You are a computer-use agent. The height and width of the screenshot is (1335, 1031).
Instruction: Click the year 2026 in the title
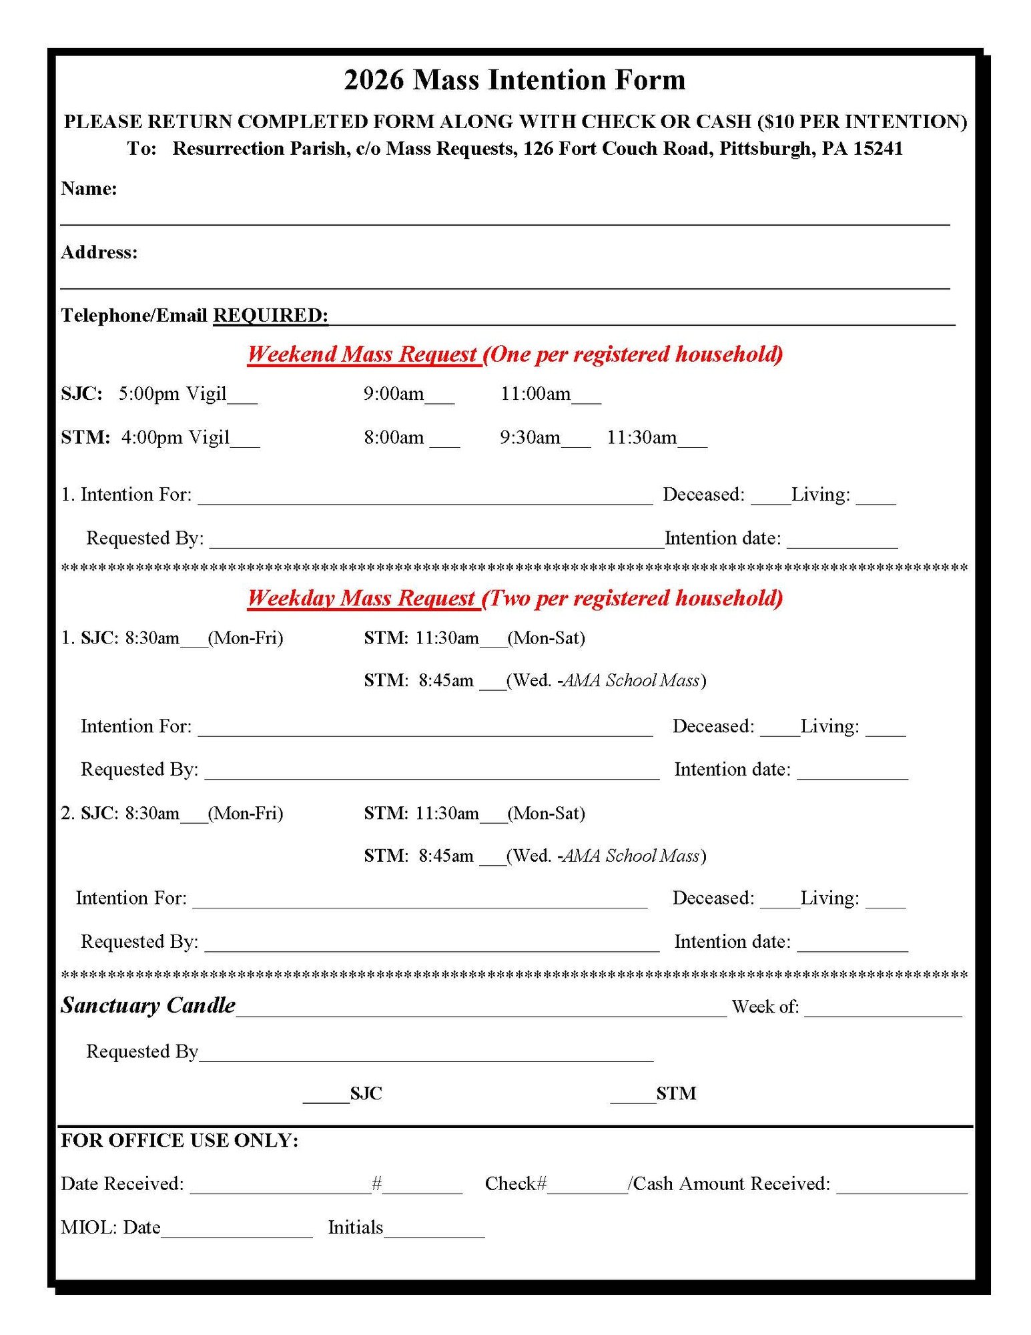click(x=374, y=80)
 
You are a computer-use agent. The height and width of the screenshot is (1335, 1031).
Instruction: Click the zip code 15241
click(x=878, y=148)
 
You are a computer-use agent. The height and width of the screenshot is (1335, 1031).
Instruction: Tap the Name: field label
click(x=89, y=189)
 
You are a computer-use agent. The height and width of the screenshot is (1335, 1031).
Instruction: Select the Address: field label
click(x=99, y=252)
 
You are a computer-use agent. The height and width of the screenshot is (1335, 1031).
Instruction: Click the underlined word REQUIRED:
click(x=270, y=315)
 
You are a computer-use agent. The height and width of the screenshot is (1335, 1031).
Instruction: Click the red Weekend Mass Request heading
click(x=363, y=354)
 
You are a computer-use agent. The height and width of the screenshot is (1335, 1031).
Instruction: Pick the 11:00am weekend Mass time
click(x=535, y=394)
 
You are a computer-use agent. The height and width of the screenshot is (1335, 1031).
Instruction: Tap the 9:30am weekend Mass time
click(x=530, y=438)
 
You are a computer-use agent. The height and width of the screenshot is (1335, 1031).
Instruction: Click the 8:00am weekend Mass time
click(x=394, y=438)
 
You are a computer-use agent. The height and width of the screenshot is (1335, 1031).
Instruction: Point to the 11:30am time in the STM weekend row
click(x=641, y=438)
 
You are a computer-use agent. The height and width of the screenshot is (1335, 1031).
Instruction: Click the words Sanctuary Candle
click(x=148, y=1005)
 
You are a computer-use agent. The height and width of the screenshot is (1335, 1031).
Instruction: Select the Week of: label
click(x=765, y=1007)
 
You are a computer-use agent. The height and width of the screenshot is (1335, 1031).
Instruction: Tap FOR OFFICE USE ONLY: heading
click(x=180, y=1141)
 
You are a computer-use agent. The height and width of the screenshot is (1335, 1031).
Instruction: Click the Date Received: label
click(x=122, y=1184)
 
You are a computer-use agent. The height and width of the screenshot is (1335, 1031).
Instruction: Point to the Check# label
click(x=515, y=1184)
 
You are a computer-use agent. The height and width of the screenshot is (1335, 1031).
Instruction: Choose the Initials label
click(x=356, y=1228)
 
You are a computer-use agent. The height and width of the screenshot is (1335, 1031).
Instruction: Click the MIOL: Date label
click(x=111, y=1228)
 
